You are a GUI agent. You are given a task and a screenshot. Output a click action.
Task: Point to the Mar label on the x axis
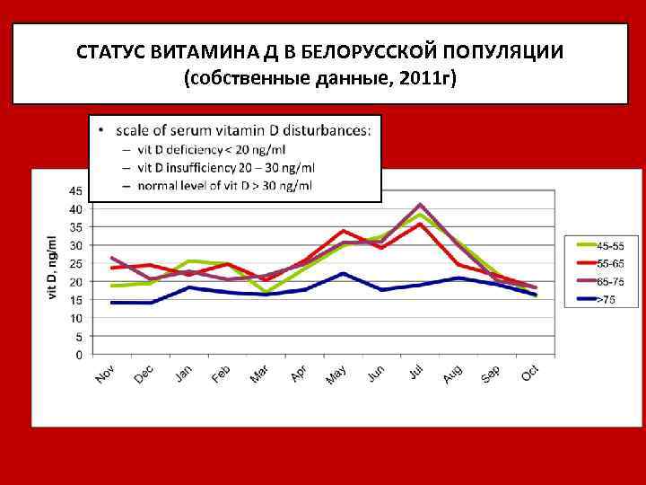coord(260,375)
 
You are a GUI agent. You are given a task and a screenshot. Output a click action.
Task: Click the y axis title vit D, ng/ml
coord(51,269)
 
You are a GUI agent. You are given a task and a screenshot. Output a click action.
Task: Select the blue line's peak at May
coord(342,273)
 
